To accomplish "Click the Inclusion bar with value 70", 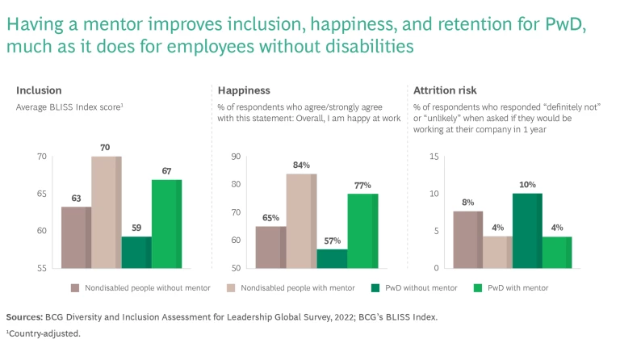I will [x=106, y=211].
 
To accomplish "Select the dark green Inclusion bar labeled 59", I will [x=136, y=252].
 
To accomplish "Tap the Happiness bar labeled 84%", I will [x=302, y=220].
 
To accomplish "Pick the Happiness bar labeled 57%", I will [x=331, y=258].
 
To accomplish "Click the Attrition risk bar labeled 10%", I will [x=527, y=230].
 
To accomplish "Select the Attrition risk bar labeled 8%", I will [x=468, y=239].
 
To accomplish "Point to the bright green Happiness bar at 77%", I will [x=362, y=230].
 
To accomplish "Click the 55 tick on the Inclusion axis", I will [x=41, y=268].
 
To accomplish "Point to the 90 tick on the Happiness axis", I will [x=237, y=157].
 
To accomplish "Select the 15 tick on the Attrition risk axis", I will [x=434, y=157].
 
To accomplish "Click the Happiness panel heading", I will [x=243, y=90].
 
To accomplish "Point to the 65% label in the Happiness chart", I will [x=270, y=216].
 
